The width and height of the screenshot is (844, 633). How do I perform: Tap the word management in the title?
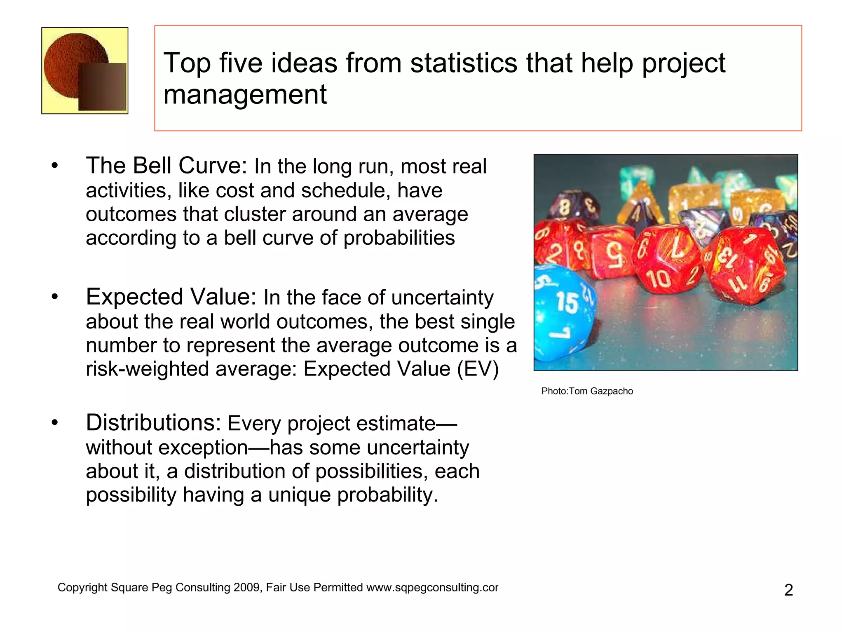245,95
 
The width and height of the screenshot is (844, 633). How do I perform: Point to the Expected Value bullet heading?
171,297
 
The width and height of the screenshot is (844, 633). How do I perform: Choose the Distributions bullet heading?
153,423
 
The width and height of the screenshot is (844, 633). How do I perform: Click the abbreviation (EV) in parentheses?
478,369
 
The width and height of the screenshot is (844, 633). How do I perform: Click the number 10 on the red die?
660,279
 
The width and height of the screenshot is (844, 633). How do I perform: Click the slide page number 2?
788,590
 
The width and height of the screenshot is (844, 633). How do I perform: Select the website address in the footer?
432,588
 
